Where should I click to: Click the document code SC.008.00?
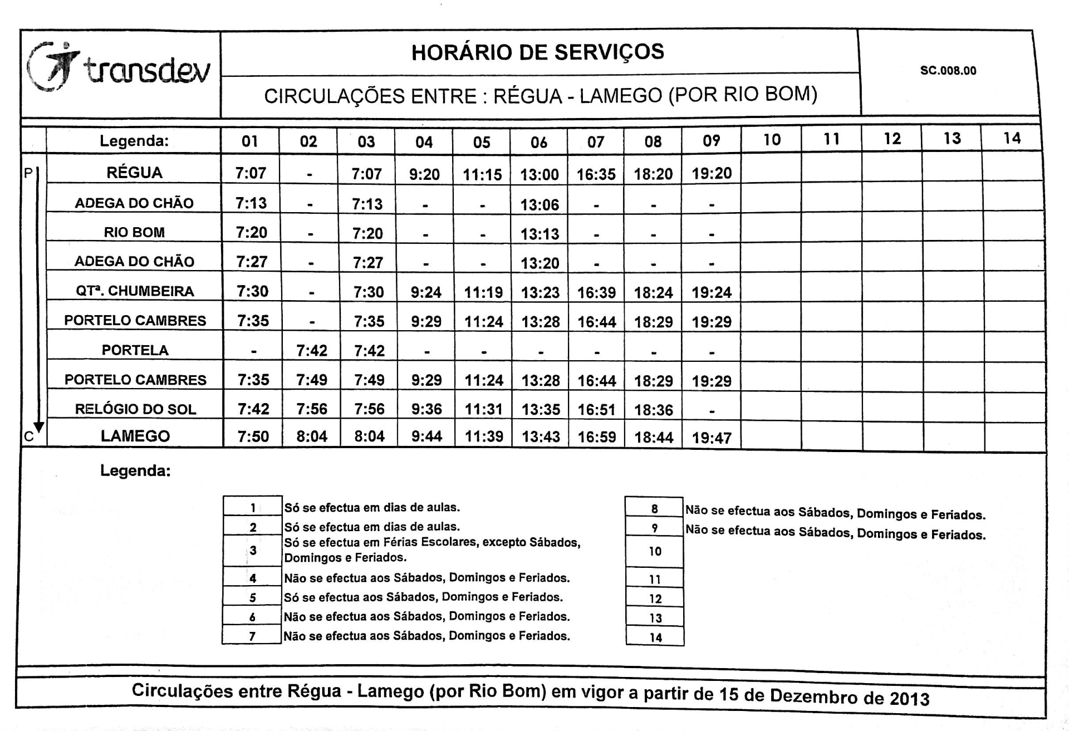948,71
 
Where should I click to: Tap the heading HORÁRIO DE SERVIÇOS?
538,52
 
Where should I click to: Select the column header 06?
538,142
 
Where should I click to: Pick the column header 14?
1012,138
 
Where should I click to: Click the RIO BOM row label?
134,232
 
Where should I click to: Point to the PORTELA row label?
135,350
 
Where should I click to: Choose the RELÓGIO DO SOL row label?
135,409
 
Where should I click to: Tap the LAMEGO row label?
135,436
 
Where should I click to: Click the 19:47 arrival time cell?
712,438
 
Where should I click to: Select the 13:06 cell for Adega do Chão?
540,205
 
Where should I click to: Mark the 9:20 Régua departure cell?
424,175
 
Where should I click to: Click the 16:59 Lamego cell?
597,437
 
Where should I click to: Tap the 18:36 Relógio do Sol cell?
654,410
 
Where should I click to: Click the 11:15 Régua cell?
482,175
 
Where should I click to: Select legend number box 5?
252,598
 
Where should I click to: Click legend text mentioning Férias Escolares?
432,550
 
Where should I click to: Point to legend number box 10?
655,551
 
